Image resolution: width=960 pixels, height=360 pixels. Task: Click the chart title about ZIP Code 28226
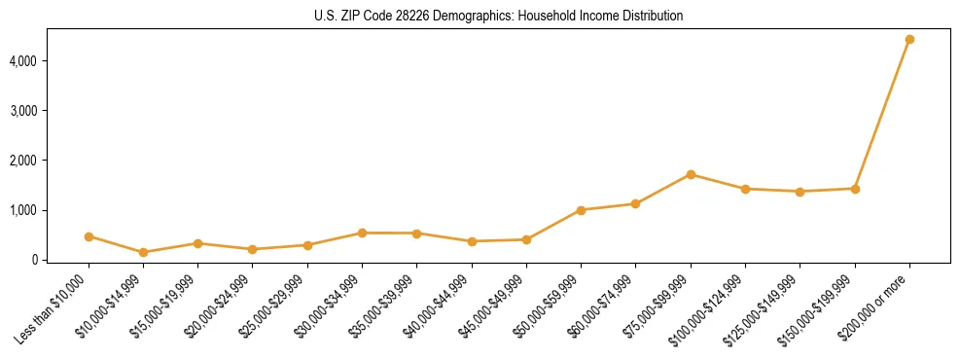coord(499,16)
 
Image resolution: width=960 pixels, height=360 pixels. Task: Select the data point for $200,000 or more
coord(909,40)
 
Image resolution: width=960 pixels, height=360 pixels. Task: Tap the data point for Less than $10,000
coord(89,236)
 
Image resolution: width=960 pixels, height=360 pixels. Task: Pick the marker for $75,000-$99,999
coord(691,175)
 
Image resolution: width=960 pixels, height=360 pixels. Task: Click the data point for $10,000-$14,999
coord(143,252)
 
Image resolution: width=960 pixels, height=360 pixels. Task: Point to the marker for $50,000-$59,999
coord(581,210)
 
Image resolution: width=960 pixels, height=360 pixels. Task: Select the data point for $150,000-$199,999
coord(855,189)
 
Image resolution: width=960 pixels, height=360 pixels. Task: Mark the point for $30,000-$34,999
coord(362,233)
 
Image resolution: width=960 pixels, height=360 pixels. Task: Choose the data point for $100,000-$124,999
coord(745,189)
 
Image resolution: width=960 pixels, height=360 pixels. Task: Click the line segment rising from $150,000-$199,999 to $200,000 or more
coord(882,115)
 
